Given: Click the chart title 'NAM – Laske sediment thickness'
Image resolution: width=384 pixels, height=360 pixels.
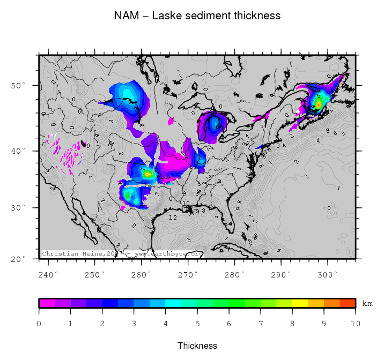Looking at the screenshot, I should click(x=197, y=16).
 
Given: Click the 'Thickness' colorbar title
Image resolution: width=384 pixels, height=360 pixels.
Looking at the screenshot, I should click(x=197, y=346).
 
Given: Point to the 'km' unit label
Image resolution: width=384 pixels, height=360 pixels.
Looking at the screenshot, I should click(x=367, y=303).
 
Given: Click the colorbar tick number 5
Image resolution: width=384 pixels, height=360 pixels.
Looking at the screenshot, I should click(x=197, y=324).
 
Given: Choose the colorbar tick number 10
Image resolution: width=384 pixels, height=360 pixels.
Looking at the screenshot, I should click(x=355, y=324).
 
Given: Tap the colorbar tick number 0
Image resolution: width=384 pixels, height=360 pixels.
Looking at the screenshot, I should click(x=39, y=324).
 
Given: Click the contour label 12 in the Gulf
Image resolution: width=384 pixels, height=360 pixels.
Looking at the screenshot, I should click(x=173, y=217).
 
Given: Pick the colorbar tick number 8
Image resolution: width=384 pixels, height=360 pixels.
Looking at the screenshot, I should click(x=292, y=324).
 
